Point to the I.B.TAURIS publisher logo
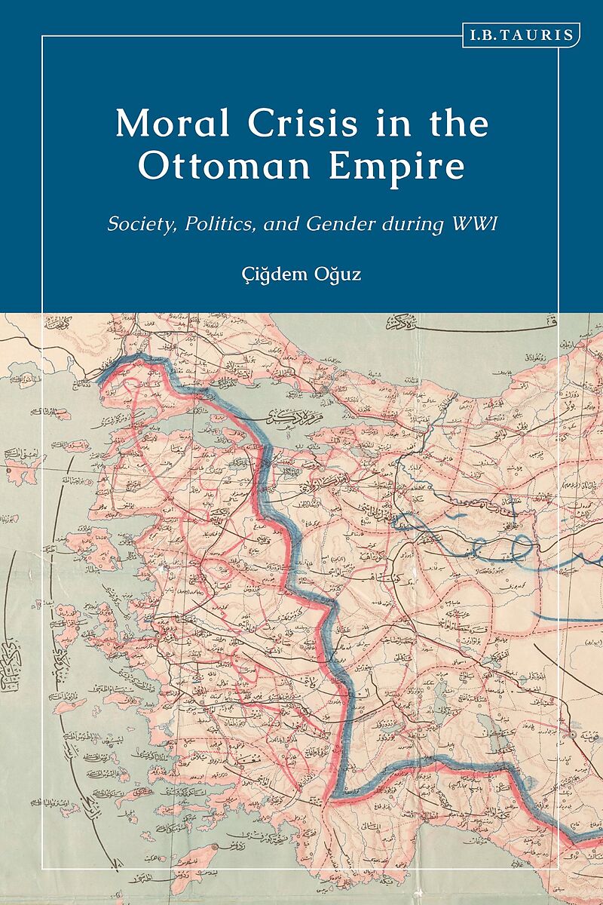520,35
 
